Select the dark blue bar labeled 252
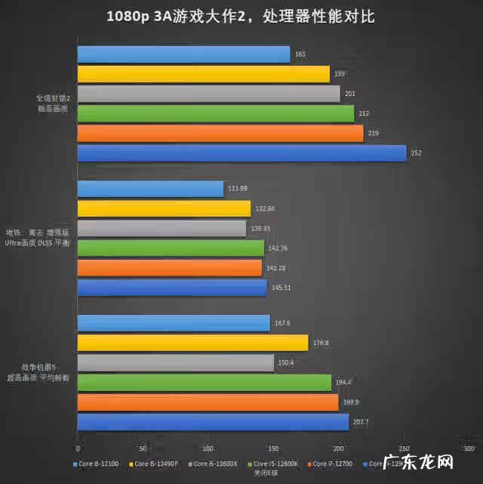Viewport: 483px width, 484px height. (241, 153)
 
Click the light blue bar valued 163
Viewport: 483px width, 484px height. (183, 54)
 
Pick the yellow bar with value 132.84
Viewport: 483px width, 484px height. (164, 208)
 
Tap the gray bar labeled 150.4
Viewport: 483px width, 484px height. (176, 363)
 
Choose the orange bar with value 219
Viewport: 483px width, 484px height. (220, 134)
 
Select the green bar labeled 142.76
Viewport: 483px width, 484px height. (171, 248)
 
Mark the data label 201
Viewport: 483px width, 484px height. (350, 94)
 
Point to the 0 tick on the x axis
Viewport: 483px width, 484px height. (78, 449)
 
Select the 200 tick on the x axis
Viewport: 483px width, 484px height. (339, 449)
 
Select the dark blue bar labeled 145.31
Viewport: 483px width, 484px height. (172, 288)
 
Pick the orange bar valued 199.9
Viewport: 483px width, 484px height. (208, 402)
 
